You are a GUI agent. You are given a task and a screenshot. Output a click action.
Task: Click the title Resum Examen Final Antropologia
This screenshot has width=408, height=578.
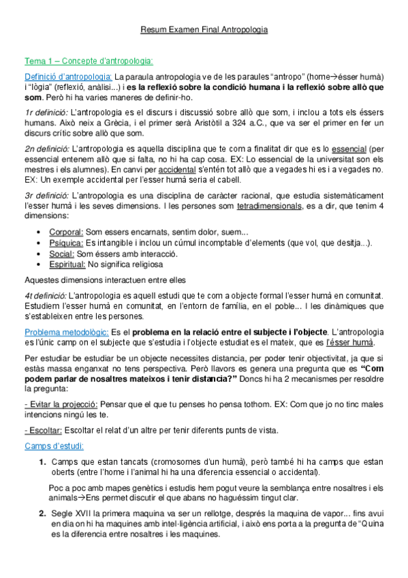(x=204, y=31)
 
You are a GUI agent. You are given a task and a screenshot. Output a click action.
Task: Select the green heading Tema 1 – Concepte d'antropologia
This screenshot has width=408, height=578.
(x=89, y=61)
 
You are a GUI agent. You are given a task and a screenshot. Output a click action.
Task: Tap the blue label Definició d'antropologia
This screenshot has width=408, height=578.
(x=68, y=77)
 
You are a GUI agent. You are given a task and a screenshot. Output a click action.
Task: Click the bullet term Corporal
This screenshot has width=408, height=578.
(x=66, y=232)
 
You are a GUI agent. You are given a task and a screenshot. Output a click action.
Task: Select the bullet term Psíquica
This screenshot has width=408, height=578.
(x=66, y=243)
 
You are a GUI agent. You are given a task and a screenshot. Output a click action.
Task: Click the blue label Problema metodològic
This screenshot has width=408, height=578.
(x=66, y=332)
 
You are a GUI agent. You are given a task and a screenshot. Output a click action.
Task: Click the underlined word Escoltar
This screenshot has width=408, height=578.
(x=44, y=430)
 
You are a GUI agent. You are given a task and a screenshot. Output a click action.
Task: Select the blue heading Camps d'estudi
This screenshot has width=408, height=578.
(x=54, y=446)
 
